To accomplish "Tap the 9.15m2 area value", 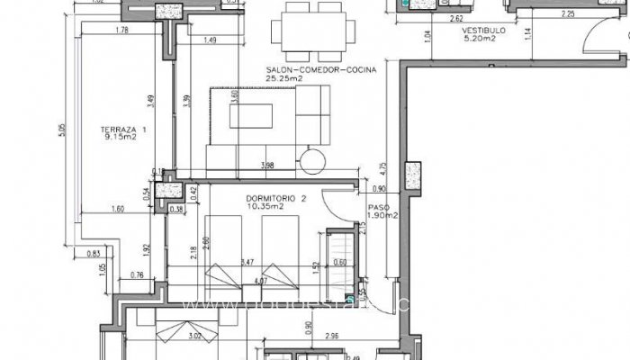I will tap(120, 138).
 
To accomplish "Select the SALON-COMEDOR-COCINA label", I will tap(319, 67).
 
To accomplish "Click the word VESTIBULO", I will tap(483, 30).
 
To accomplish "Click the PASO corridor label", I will tap(376, 206).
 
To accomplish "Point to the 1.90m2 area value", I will tap(382, 215).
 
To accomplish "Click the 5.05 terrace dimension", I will tap(63, 130).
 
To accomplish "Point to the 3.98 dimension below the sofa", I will tap(266, 166).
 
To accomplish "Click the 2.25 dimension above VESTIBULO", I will tap(542, 14).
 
